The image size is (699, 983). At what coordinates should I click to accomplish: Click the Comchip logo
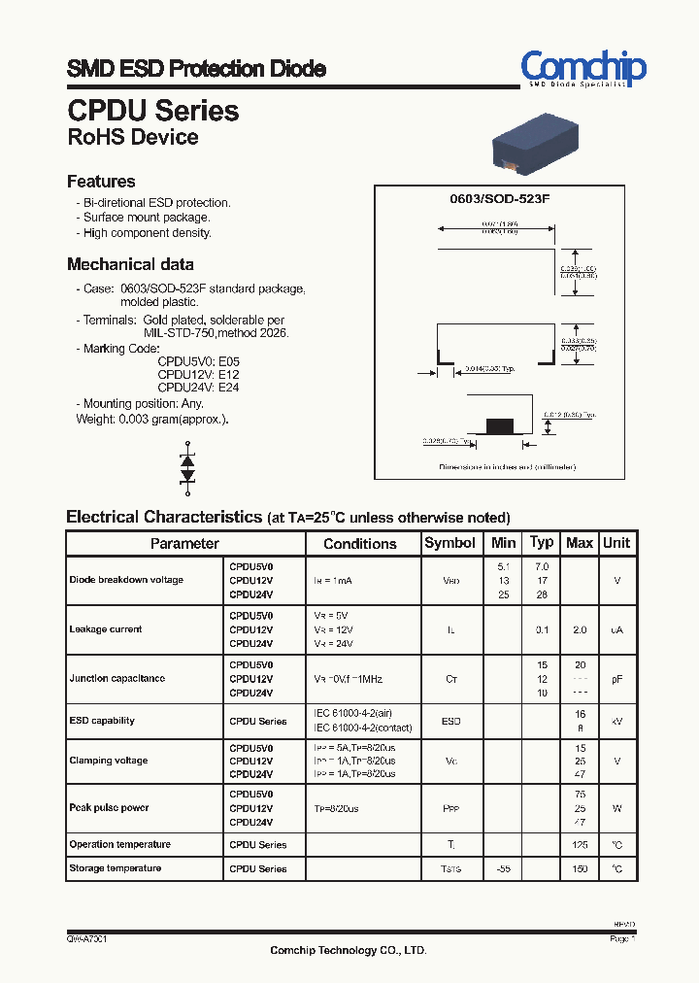point(582,69)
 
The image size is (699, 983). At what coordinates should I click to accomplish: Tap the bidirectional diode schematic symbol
point(188,467)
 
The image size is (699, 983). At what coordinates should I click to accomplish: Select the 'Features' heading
point(101,182)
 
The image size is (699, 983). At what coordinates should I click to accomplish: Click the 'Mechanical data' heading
point(130,264)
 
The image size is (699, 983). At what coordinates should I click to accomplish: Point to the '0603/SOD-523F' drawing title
point(499,198)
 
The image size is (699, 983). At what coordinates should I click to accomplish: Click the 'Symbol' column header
point(450,543)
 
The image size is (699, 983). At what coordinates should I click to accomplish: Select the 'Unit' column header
point(616,543)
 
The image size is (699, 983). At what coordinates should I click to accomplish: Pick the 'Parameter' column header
point(184,544)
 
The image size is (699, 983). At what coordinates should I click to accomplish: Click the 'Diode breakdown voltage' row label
point(126,580)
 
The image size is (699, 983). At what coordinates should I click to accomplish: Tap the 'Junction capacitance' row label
point(116,678)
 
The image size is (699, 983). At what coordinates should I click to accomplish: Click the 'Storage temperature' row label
point(115,867)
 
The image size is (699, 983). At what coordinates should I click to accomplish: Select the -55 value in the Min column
point(503,868)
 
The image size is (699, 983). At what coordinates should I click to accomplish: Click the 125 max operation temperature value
point(580,845)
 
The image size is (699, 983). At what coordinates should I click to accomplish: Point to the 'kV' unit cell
point(616,721)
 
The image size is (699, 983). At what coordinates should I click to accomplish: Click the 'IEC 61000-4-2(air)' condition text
point(354,714)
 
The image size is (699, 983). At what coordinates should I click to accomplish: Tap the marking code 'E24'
point(229,388)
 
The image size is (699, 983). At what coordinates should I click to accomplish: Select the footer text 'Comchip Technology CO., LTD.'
point(348,950)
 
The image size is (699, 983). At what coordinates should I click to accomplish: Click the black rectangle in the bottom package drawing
point(499,424)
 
